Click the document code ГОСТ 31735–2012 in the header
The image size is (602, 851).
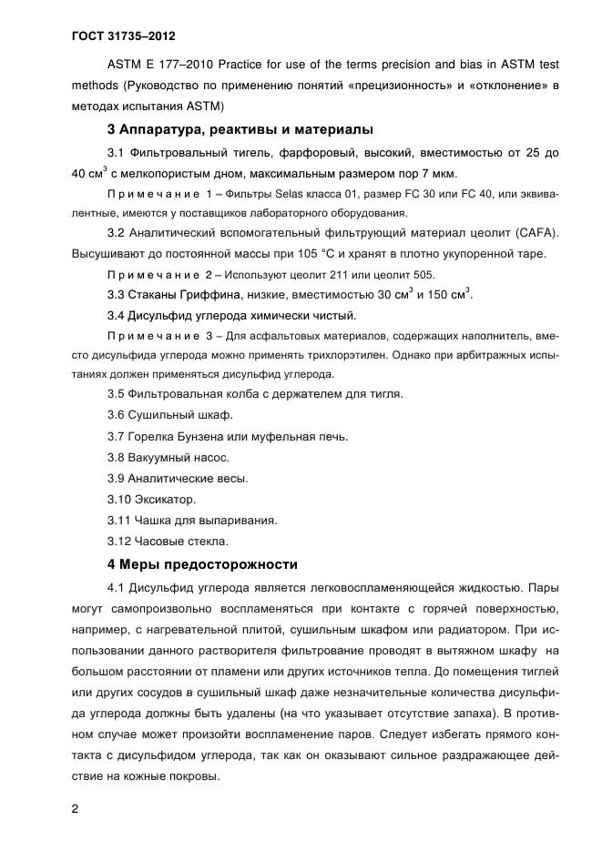(x=122, y=36)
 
